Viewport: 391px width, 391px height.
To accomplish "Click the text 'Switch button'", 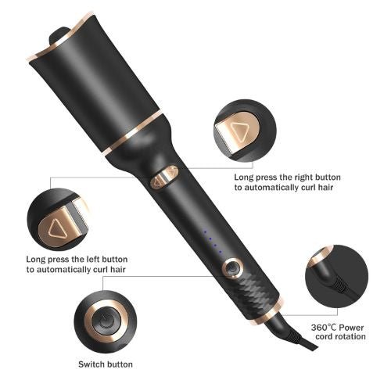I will point(105,364).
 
